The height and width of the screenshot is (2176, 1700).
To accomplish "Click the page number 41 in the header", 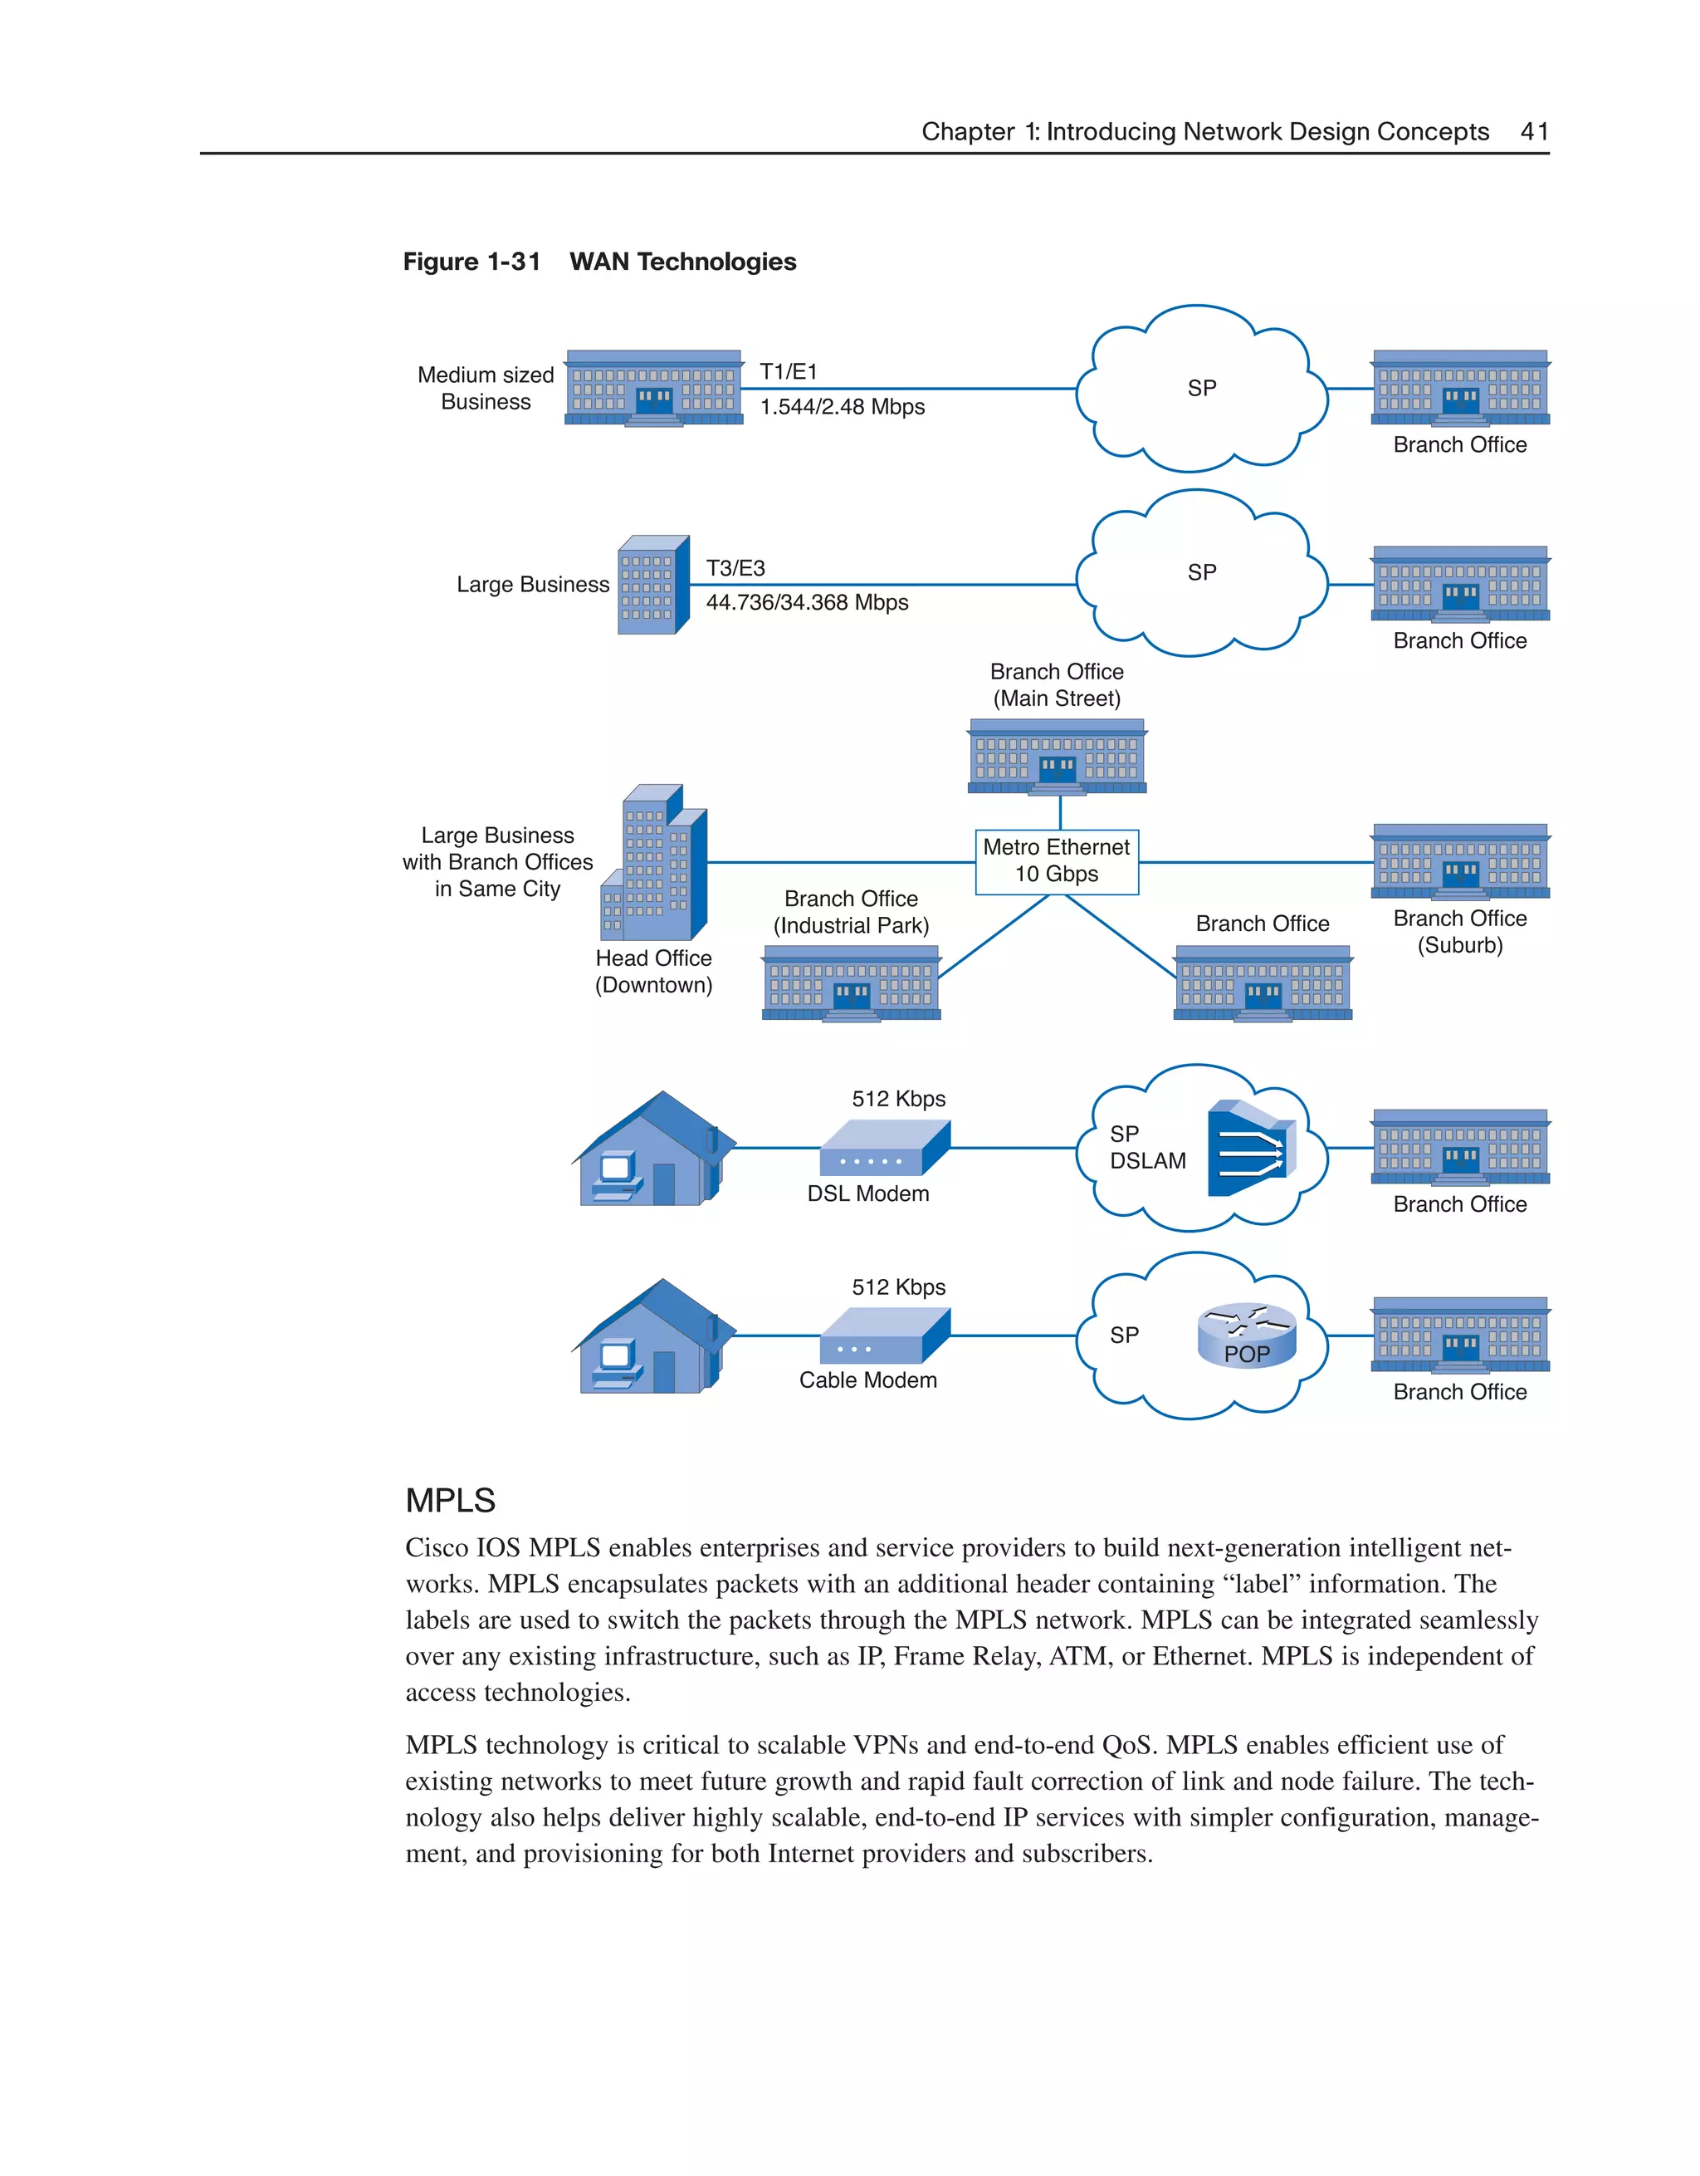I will click(x=1534, y=131).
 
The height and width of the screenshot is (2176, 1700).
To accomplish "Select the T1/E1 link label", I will click(x=788, y=371).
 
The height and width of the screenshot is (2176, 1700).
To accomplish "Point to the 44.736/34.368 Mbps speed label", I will click(x=807, y=603).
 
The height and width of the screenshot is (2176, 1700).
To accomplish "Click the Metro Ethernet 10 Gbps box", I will click(x=1057, y=860).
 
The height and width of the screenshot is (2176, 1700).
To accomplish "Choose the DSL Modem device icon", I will click(x=884, y=1148).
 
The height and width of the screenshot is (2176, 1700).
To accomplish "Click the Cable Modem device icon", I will click(x=884, y=1336).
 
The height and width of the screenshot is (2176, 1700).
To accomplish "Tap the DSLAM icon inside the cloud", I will click(x=1251, y=1149).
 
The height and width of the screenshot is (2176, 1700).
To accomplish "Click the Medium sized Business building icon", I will click(x=653, y=389).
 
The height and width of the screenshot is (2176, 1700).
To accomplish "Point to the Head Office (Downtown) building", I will click(x=654, y=864).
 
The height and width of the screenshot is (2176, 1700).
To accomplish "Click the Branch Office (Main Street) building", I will click(x=1057, y=757).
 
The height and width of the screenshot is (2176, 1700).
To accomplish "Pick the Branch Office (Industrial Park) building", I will click(x=852, y=983).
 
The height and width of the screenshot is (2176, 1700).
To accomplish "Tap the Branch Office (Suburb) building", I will click(x=1460, y=862).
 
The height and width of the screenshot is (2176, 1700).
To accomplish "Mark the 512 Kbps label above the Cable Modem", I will click(x=898, y=1287).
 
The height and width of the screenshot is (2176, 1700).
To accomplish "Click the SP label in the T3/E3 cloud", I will click(x=1202, y=573).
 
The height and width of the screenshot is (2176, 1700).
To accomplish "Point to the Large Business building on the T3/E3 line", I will click(x=653, y=585).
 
